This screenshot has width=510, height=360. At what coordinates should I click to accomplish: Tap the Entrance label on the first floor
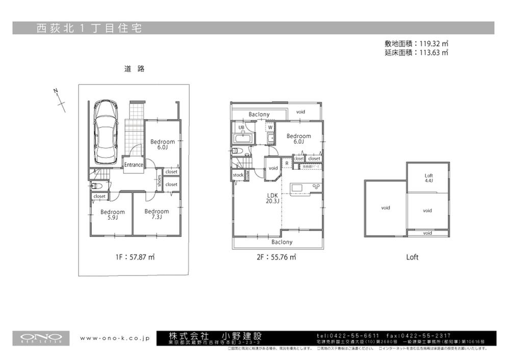[x=134, y=165]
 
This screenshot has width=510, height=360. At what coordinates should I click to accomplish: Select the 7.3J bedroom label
[x=157, y=214]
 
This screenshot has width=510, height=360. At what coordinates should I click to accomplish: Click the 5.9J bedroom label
[x=112, y=215]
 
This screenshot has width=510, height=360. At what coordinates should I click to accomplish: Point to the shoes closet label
[x=159, y=182]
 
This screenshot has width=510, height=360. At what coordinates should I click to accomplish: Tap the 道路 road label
[x=134, y=69]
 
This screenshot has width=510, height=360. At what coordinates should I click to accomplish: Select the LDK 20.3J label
[x=272, y=198]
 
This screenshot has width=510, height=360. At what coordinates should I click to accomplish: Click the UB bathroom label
[x=241, y=127]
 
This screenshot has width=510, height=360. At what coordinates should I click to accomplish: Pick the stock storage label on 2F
[x=238, y=175]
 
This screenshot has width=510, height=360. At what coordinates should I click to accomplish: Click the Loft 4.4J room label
[x=429, y=178]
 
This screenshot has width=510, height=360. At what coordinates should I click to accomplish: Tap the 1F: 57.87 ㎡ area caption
[x=135, y=258]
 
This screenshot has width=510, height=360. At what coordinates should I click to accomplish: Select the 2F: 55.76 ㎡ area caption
[x=276, y=258]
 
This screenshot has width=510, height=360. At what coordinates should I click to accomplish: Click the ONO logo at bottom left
[x=41, y=338]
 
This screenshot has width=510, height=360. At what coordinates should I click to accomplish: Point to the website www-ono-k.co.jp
[x=114, y=338]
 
